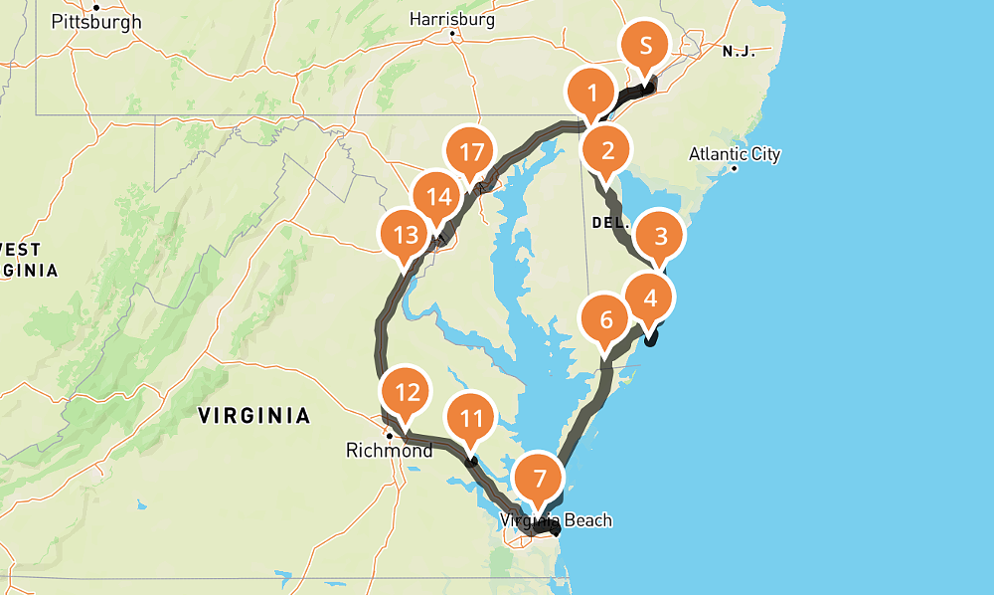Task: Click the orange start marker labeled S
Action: point(646,46)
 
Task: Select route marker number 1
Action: point(592,95)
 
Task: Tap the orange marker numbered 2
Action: point(607,151)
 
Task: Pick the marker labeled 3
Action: point(660,237)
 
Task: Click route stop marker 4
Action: point(649,297)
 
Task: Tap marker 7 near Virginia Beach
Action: point(540,479)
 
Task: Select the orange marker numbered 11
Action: point(472,419)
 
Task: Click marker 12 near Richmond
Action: point(407,392)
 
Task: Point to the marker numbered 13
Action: point(405,236)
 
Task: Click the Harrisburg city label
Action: point(452,18)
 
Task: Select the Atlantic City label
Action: point(735,154)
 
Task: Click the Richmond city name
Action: point(389,451)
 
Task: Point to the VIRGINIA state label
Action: point(254,415)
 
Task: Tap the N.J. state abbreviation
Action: point(739,52)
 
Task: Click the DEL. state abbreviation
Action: point(611,223)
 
